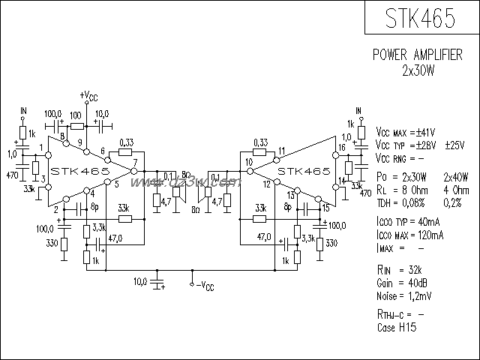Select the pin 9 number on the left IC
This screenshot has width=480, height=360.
(79, 143)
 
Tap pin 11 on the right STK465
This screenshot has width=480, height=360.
(280, 151)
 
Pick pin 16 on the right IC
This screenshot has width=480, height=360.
(341, 148)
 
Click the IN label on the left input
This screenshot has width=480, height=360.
(22, 111)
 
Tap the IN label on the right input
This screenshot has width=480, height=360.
(358, 110)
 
